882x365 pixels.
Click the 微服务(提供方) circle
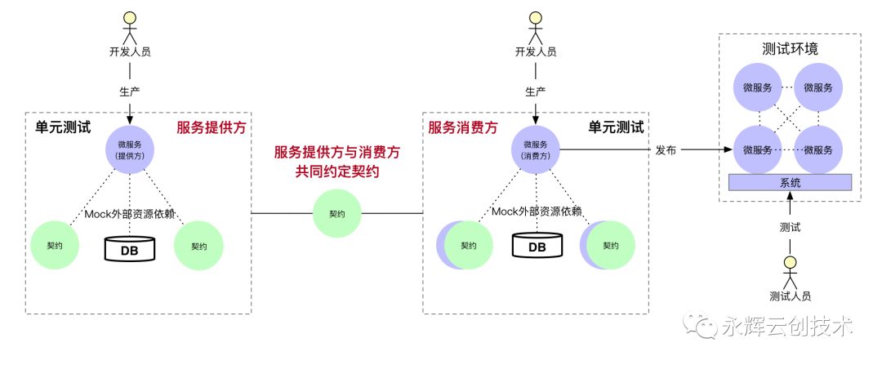pos(130,149)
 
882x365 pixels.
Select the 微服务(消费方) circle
pos(536,149)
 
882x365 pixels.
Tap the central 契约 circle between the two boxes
pos(336,214)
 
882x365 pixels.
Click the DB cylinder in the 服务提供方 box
pos(130,248)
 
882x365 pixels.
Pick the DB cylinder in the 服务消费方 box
pos(537,245)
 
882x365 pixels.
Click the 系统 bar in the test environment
pos(790,182)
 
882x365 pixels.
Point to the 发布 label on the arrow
pos(666,150)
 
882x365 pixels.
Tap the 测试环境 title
pos(790,48)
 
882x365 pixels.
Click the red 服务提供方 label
pos(212,127)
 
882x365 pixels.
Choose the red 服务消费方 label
pos(463,127)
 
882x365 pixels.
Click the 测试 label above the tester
pos(790,227)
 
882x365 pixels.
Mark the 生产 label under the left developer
pos(130,91)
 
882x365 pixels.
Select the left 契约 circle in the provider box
pos(55,246)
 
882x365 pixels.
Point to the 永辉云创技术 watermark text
pos(786,326)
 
